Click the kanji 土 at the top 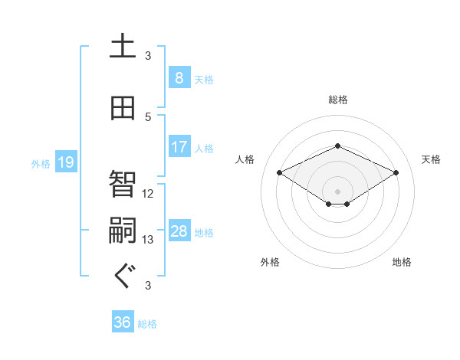pos(123,47)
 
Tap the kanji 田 pos(123,108)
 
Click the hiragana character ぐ pos(123,276)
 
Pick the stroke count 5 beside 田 pos(149,116)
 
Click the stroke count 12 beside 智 pos(149,193)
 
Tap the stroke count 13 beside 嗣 pos(149,240)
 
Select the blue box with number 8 pos(179,77)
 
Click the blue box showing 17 pos(179,146)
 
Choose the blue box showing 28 pos(179,231)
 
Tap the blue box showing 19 pos(66,162)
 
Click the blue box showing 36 pos(123,322)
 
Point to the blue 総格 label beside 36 pos(147,324)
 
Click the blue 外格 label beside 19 pos(41,163)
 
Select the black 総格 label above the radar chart pos(337,100)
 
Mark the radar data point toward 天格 pos(396,172)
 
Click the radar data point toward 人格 pos(280,172)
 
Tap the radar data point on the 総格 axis pos(337,145)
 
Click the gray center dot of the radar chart pos(337,190)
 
